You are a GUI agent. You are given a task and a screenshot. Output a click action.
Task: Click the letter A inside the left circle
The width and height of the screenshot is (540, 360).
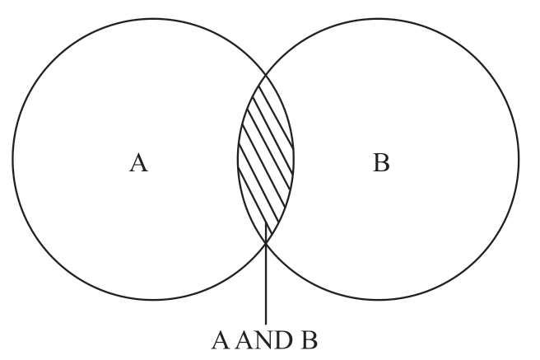coord(139,164)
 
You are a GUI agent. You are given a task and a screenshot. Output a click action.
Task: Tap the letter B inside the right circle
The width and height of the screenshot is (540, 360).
coord(381,164)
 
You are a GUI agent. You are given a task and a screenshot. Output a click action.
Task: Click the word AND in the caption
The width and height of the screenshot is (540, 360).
coord(266,340)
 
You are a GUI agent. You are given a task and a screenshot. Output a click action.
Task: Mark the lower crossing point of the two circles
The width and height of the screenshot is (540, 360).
coord(266,241)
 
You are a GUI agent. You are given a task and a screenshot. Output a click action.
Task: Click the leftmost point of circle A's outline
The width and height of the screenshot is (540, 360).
coord(12,159)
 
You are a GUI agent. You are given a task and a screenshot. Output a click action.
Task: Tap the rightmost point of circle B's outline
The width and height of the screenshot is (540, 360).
coord(519,159)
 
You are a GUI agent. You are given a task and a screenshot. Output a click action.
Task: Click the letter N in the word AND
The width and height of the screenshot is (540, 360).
coord(266,340)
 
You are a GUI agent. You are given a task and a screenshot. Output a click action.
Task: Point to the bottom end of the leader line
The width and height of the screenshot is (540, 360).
coord(266,323)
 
